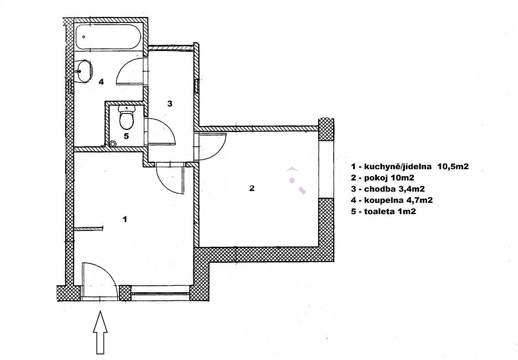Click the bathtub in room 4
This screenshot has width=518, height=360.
click(x=108, y=37)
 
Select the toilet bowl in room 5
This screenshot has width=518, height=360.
click(x=126, y=117)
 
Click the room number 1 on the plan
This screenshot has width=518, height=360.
click(x=125, y=219)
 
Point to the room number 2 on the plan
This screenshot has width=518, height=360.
click(x=252, y=188)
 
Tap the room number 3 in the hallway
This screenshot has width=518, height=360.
click(x=170, y=104)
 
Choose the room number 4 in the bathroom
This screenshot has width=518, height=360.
click(x=101, y=82)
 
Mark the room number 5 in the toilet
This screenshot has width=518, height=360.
click(x=126, y=136)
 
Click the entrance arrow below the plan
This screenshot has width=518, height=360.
click(x=100, y=332)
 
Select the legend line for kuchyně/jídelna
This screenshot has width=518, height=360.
click(x=410, y=167)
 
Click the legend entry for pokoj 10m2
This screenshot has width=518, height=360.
click(x=382, y=178)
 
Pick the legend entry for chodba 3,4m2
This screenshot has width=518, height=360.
click(x=388, y=189)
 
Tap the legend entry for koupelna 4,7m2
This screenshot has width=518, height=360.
click(x=392, y=200)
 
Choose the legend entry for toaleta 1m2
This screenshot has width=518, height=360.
click(x=383, y=212)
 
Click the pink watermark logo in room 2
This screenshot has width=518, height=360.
click(x=296, y=180)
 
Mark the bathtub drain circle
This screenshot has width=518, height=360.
click(x=84, y=37)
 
